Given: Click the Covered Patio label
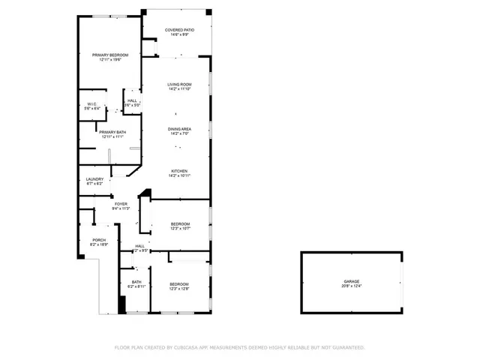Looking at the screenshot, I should [179, 30].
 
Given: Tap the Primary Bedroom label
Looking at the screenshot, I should [110, 55].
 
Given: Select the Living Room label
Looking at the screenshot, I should [179, 84].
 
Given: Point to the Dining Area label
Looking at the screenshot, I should [179, 129].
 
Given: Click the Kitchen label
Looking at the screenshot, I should [179, 171].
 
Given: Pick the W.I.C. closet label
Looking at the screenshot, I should [92, 103].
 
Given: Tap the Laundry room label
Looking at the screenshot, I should [94, 178].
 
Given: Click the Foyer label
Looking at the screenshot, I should [121, 204].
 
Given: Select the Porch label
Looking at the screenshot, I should [99, 240].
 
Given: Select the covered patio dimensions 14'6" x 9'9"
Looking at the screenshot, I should [179, 34].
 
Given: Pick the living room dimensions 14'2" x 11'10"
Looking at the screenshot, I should [179, 88].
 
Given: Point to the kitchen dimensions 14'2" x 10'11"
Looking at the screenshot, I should [179, 175].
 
